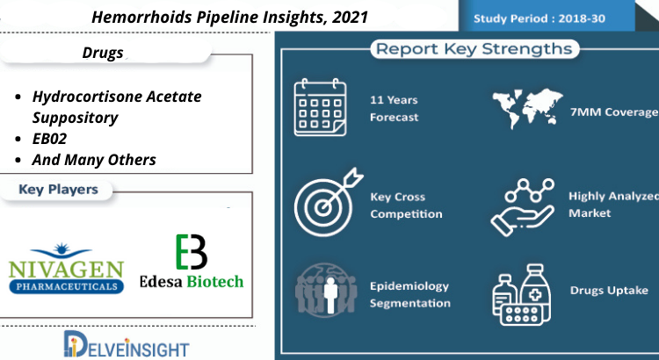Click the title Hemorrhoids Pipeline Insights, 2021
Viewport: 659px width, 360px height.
[x=229, y=18]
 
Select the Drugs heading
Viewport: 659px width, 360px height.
[x=103, y=53]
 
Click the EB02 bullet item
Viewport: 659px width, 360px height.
[x=49, y=139]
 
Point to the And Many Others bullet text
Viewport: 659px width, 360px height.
[x=94, y=160]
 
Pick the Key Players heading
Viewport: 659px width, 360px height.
[x=58, y=190]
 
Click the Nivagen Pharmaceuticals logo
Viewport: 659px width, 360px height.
[x=66, y=268]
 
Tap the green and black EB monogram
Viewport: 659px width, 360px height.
[x=192, y=252]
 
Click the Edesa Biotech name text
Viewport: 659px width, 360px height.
[x=192, y=281]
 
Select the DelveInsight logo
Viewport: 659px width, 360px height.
[x=127, y=343]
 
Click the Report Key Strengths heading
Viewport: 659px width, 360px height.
[x=474, y=48]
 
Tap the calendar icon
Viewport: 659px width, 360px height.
[x=320, y=107]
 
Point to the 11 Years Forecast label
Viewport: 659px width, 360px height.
[x=394, y=108]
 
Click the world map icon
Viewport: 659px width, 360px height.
[x=527, y=108]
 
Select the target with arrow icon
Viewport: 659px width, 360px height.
[x=329, y=203]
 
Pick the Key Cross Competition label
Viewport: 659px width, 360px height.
[x=406, y=205]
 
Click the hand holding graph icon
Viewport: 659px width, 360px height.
[x=523, y=207]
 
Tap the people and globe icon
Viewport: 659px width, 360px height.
[x=326, y=290]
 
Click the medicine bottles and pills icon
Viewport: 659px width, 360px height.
[x=522, y=295]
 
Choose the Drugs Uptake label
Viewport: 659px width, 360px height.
[x=609, y=291]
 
